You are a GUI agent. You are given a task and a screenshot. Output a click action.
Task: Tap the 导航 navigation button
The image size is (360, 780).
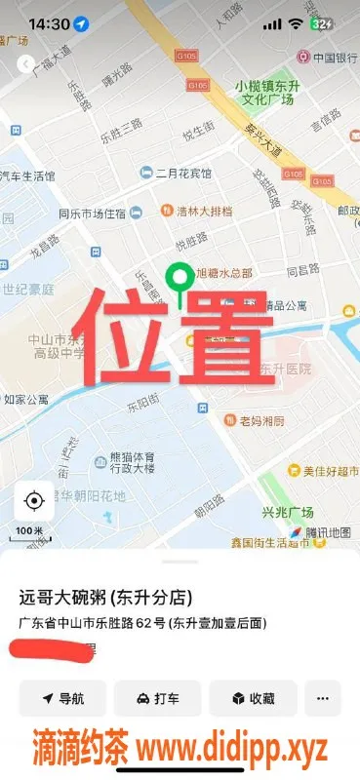point(62,698)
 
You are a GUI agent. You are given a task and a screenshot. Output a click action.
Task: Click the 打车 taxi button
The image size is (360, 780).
point(157,698)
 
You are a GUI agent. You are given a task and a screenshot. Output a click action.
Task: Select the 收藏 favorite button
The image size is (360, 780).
point(253,698)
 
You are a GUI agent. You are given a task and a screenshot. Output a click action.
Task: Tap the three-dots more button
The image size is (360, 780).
point(323,698)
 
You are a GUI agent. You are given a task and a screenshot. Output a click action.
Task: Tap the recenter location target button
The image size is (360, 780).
point(34,501)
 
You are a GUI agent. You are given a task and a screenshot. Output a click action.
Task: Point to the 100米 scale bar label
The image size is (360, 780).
point(30,530)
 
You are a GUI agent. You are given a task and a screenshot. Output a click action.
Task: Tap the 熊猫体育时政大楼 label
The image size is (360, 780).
point(124,460)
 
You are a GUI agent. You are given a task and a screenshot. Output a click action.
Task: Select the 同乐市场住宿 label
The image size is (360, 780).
point(92,214)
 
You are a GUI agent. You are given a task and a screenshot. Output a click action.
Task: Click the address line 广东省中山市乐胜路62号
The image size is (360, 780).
point(142,623)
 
